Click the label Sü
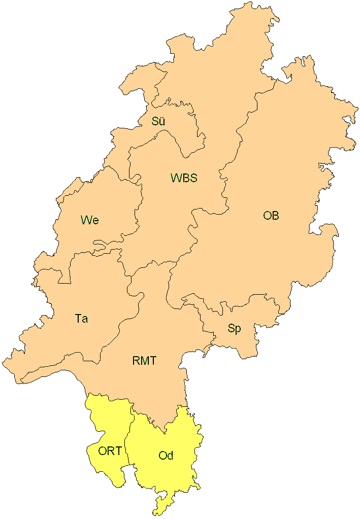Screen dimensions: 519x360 158,121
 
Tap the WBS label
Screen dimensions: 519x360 183,178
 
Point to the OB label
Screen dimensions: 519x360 271,216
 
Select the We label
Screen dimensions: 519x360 89,220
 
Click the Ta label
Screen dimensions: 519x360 81,319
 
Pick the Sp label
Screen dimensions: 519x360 234,329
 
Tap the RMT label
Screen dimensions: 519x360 144,361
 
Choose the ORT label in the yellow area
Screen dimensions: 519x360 110,451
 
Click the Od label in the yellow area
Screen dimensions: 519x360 166,456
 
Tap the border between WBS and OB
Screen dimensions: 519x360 223,183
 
